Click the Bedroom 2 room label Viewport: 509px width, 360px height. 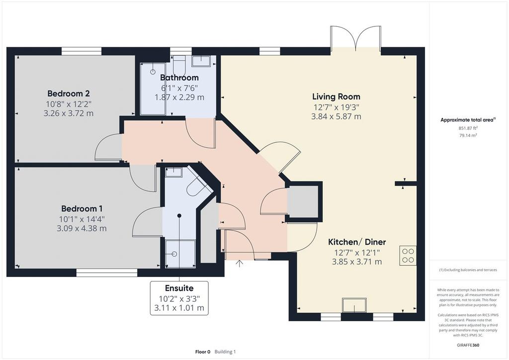(x=69, y=93)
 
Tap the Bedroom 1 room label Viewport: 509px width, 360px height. (x=82, y=208)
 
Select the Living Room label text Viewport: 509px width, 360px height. (x=337, y=96)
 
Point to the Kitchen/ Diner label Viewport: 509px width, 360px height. (x=357, y=242)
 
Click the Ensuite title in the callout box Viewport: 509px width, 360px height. (x=179, y=288)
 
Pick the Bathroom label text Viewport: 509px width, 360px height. (x=179, y=78)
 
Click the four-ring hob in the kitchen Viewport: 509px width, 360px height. (x=408, y=256)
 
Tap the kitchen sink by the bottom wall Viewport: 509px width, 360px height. (x=354, y=305)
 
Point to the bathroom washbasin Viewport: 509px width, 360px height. (x=201, y=61)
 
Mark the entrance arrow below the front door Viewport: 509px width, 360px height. (x=240, y=264)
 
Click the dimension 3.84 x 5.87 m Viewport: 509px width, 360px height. (x=337, y=116)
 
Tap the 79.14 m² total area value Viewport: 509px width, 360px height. (x=468, y=135)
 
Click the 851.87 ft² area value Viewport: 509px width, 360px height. (x=468, y=128)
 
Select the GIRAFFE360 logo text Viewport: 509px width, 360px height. (x=468, y=345)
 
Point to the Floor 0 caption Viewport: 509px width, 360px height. (x=203, y=352)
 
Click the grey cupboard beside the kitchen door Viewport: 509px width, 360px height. (x=304, y=202)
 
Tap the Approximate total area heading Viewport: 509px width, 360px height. (x=468, y=120)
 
